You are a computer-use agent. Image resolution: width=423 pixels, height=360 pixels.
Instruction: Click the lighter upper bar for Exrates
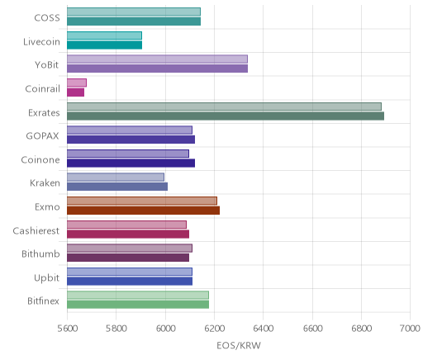pyautogui.click(x=224, y=107)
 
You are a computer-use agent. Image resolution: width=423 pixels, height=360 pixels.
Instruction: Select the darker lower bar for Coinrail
pyautogui.click(x=75, y=92)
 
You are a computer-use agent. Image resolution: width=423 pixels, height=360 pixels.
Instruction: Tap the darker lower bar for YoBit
pyautogui.click(x=157, y=69)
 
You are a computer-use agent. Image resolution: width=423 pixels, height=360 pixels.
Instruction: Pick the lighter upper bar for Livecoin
pyautogui.click(x=104, y=36)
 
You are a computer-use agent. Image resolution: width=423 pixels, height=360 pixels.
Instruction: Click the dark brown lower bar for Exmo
pyautogui.click(x=143, y=211)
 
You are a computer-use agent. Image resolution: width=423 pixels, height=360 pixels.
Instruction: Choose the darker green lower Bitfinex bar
pyautogui.click(x=138, y=305)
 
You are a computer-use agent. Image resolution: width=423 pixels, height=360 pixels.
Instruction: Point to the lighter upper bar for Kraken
pyautogui.click(x=116, y=177)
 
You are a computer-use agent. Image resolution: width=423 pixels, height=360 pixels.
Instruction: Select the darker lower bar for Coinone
pyautogui.click(x=131, y=163)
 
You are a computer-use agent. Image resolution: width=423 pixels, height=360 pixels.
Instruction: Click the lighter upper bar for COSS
pyautogui.click(x=134, y=12)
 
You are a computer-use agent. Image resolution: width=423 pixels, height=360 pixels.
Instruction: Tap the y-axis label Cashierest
pyautogui.click(x=36, y=230)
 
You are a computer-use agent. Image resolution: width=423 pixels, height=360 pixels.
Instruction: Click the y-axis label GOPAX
pyautogui.click(x=42, y=136)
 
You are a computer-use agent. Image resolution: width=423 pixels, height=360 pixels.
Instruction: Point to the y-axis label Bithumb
pyautogui.click(x=40, y=253)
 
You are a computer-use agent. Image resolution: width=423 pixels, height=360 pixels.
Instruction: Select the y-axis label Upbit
pyautogui.click(x=46, y=278)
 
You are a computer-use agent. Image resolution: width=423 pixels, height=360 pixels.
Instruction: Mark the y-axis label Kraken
pyautogui.click(x=45, y=183)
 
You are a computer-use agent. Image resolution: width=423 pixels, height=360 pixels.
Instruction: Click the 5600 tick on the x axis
pyautogui.click(x=68, y=329)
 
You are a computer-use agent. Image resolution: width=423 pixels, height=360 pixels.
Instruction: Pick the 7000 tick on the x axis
pyautogui.click(x=410, y=329)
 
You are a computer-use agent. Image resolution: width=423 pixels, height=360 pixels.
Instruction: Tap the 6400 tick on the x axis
pyautogui.click(x=264, y=329)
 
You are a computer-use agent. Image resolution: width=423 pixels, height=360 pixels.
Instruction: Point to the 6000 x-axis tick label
pyautogui.click(x=165, y=329)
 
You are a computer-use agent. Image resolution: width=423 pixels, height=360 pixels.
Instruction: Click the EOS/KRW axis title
pyautogui.click(x=239, y=346)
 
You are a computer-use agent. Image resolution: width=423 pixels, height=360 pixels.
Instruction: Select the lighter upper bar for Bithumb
pyautogui.click(x=130, y=248)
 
